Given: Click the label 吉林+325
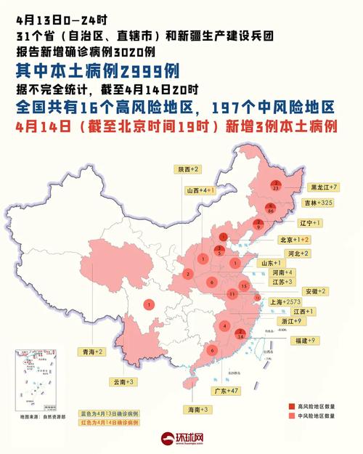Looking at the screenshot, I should click(317, 203).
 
